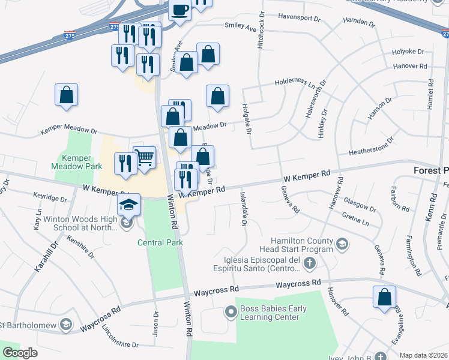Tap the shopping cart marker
[144, 158]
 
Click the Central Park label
[160, 242]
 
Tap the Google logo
[20, 353]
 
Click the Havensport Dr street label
[292, 19]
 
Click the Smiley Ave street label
[240, 27]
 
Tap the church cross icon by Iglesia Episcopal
[309, 263]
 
